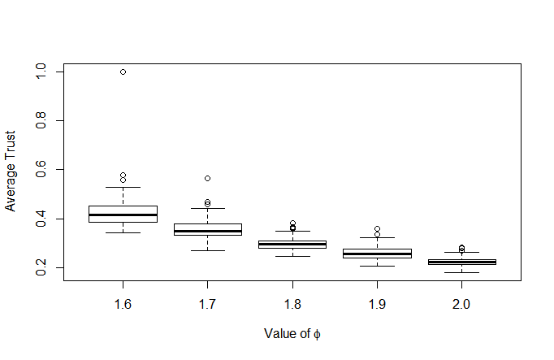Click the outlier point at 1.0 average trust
(x=123, y=72)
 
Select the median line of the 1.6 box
(x=123, y=215)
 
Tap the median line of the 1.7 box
(x=208, y=231)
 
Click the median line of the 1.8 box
(x=292, y=244)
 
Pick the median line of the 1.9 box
(x=378, y=254)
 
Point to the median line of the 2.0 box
(x=461, y=262)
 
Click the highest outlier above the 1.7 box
(x=208, y=179)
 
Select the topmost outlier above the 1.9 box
(x=378, y=229)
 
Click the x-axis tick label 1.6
(x=123, y=304)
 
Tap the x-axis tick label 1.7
(x=207, y=304)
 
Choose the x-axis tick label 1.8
(x=292, y=304)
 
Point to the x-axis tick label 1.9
(x=377, y=304)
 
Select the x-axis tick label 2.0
(x=461, y=304)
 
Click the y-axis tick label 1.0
(x=41, y=71)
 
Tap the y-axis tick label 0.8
(x=41, y=120)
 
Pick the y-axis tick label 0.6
(x=41, y=169)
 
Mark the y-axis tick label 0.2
(x=41, y=267)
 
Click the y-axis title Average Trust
(x=11, y=171)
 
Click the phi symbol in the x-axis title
(x=317, y=334)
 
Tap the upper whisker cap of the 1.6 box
(x=123, y=187)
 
